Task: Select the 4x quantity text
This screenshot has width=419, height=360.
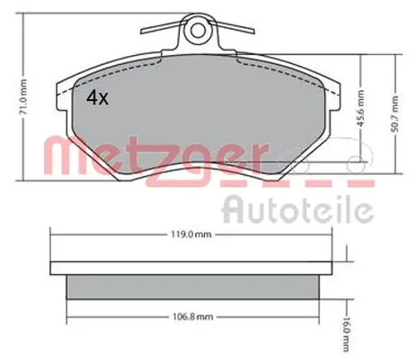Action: (97, 98)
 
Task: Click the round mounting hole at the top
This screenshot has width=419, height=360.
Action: (197, 35)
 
